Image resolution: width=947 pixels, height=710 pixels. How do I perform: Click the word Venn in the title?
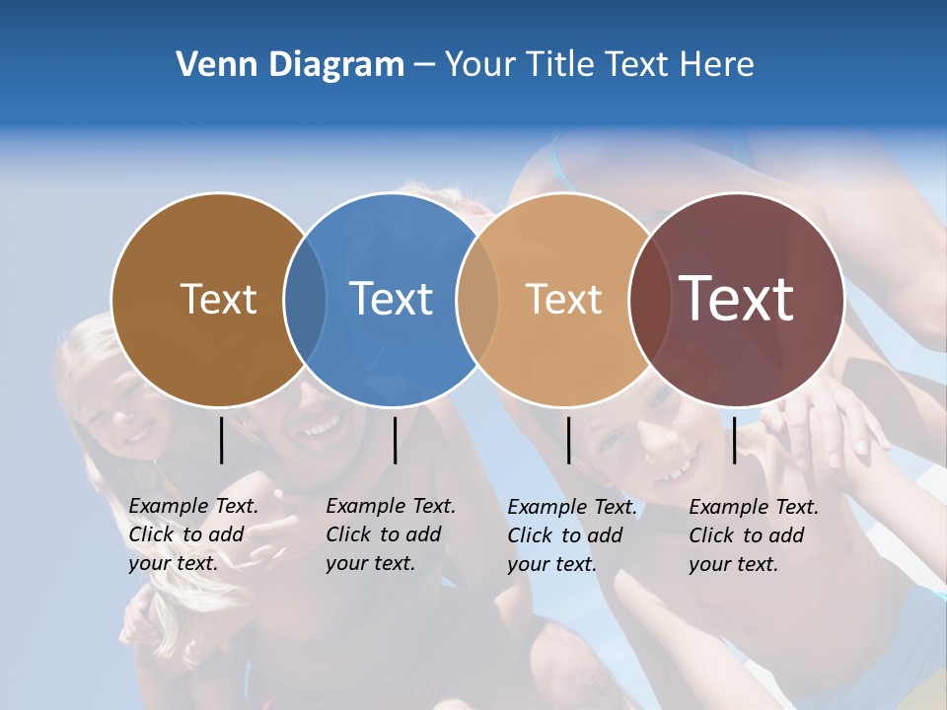(210, 65)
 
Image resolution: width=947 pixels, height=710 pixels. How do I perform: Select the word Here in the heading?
(717, 65)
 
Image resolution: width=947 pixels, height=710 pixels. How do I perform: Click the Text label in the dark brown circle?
(218, 299)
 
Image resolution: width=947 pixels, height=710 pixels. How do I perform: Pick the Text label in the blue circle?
(391, 299)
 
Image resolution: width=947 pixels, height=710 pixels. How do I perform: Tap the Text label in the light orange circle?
(563, 299)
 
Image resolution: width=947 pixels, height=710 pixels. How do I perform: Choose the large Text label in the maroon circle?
(736, 299)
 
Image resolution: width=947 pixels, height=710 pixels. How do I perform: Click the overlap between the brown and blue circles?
(305, 300)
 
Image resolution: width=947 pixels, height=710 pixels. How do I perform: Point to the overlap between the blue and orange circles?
(477, 300)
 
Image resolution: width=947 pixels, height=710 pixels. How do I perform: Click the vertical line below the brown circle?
(221, 440)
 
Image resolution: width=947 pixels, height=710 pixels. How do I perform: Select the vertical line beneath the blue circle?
(395, 440)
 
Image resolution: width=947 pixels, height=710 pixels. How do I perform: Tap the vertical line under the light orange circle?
(568, 440)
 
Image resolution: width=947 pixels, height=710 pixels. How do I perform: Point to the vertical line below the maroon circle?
(734, 440)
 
